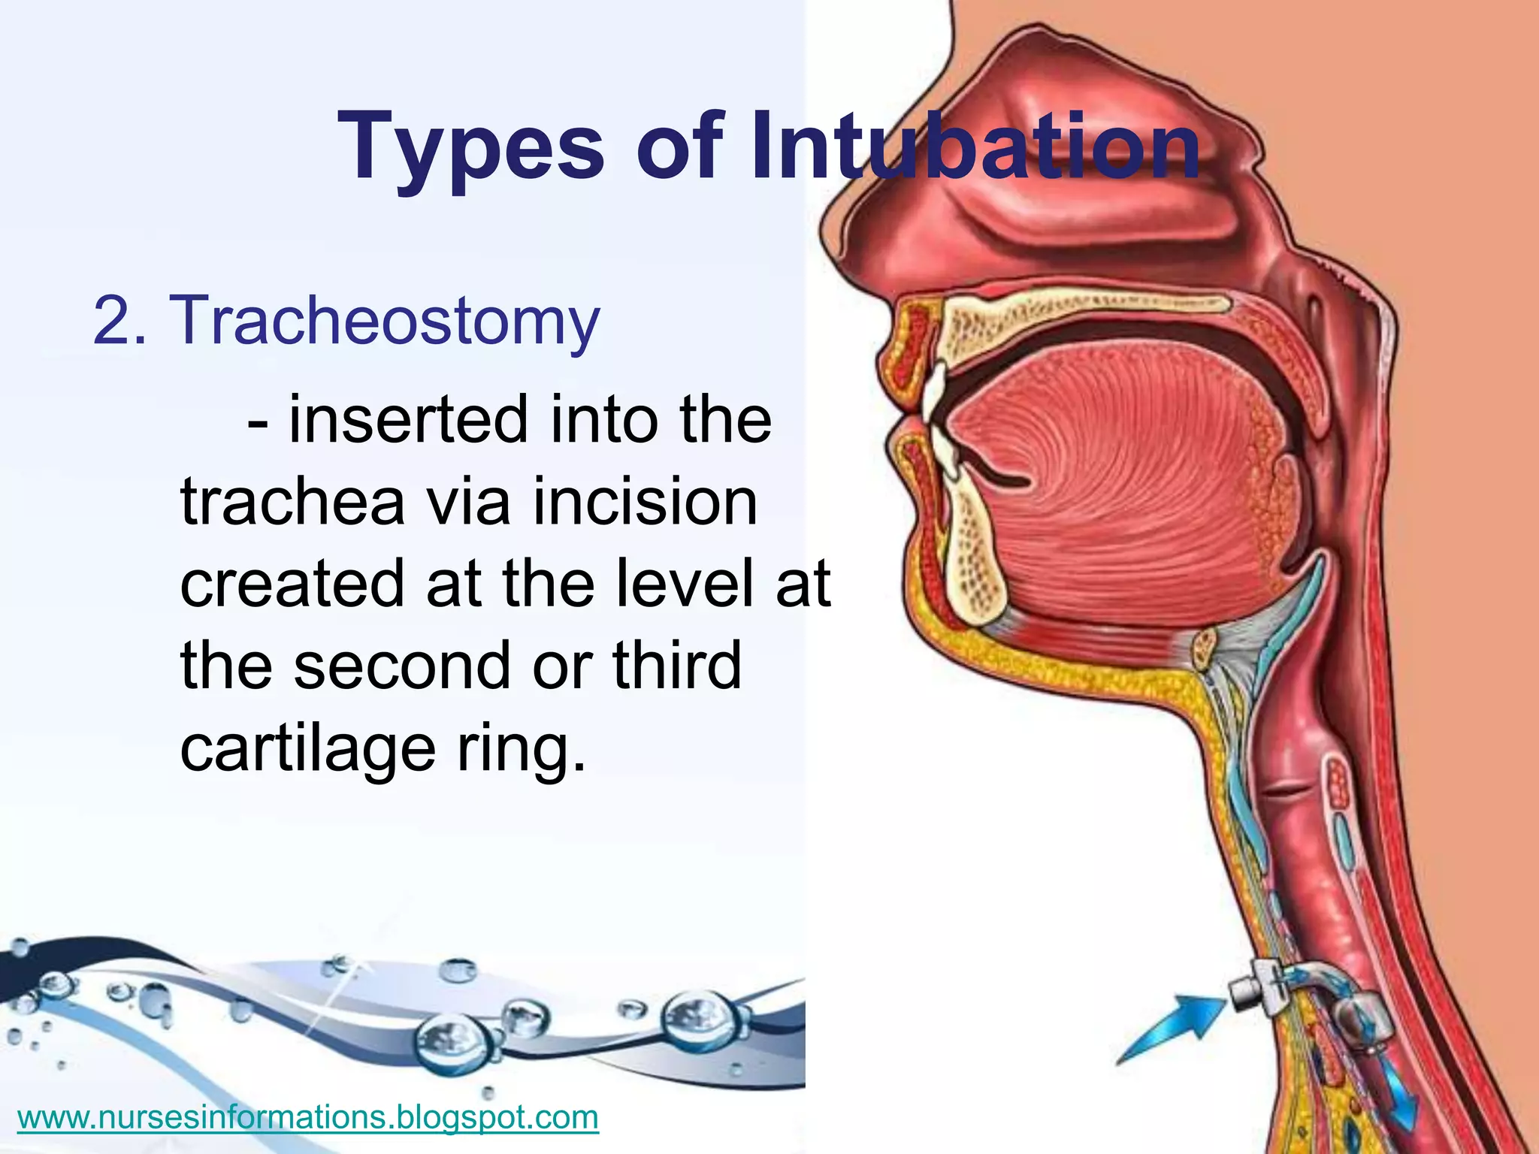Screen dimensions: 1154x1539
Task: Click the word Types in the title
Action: [x=470, y=147]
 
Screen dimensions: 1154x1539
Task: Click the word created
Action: [x=293, y=585]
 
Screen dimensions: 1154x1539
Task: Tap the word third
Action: [x=676, y=666]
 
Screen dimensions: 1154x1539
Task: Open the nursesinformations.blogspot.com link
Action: [x=307, y=1117]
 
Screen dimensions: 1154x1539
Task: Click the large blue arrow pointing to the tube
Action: [x=1172, y=1026]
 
